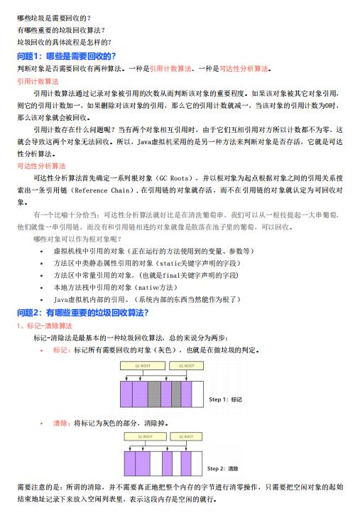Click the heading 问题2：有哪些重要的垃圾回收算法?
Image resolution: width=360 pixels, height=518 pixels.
pyautogui.click(x=82, y=313)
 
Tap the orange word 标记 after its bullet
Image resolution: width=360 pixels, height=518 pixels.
pyautogui.click(x=62, y=350)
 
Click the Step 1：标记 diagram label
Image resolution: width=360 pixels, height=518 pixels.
pyautogui.click(x=227, y=400)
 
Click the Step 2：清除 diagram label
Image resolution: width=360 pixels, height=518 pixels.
pyautogui.click(x=224, y=469)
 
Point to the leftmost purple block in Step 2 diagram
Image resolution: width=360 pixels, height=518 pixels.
pyautogui.click(x=130, y=464)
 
